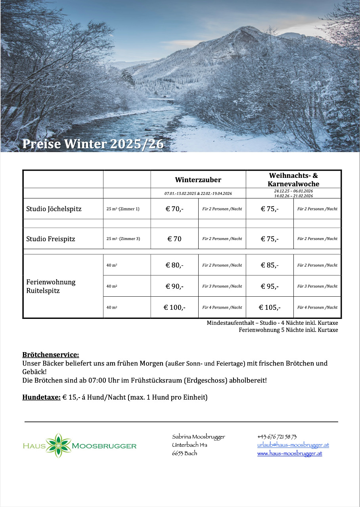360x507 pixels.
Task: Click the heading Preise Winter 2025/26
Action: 93,144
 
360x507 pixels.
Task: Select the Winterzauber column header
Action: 198,180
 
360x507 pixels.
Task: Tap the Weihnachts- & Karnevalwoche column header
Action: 293,180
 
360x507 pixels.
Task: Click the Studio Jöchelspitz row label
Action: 54,209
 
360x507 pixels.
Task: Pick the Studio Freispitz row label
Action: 51,239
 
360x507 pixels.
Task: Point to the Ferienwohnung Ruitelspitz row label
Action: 51,286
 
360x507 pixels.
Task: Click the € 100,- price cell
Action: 174,307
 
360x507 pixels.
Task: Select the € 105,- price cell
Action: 270,307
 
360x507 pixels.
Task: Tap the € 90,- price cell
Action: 174,286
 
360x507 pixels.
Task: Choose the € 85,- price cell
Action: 270,265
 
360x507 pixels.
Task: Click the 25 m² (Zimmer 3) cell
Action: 123,239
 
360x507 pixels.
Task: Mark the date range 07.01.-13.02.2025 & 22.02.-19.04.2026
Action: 198,193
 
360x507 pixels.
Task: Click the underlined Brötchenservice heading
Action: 51,355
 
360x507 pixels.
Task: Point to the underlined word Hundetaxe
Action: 41,397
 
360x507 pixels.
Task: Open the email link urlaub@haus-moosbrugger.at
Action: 293,445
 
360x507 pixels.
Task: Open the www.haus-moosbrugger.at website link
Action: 289,453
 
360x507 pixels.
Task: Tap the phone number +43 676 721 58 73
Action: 277,436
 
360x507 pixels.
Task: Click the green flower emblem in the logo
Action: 59,446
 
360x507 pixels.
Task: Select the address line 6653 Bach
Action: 184,453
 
